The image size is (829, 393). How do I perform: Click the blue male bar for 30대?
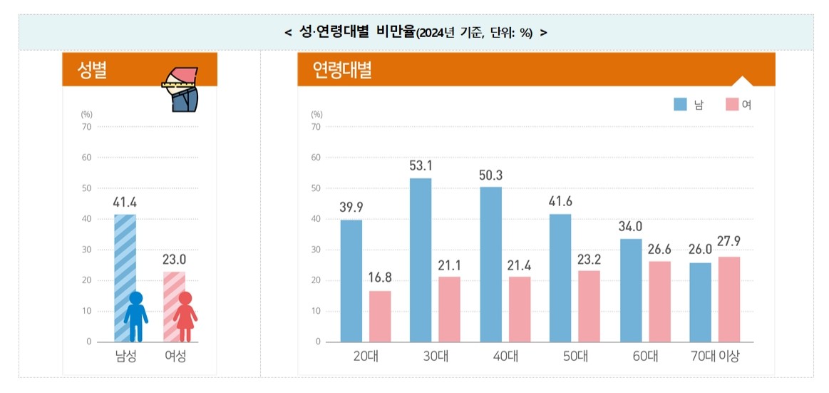(421, 260)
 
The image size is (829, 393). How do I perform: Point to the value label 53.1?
(421, 166)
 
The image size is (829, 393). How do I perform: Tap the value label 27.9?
(728, 242)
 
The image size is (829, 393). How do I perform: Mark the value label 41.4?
(125, 202)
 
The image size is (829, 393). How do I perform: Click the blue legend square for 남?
(680, 105)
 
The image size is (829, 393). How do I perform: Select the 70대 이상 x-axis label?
(714, 357)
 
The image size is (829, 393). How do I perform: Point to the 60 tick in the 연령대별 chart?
(316, 158)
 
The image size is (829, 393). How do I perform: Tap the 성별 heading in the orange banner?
(93, 71)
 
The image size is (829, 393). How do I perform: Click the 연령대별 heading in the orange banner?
(341, 71)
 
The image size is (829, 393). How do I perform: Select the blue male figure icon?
(136, 316)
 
